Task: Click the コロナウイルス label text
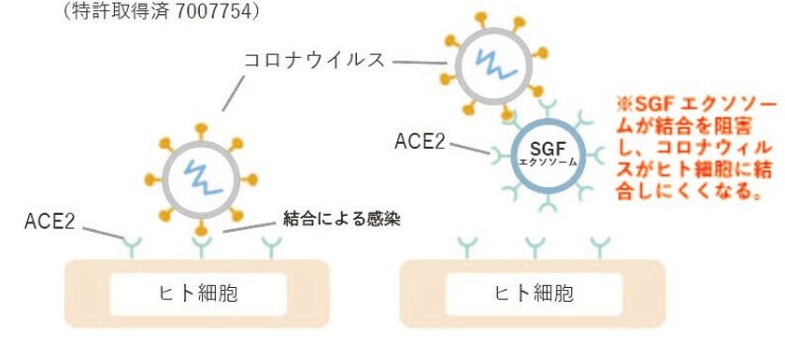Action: click(x=313, y=60)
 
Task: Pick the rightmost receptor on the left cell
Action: click(x=271, y=246)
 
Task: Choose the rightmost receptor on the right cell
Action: click(x=600, y=246)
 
